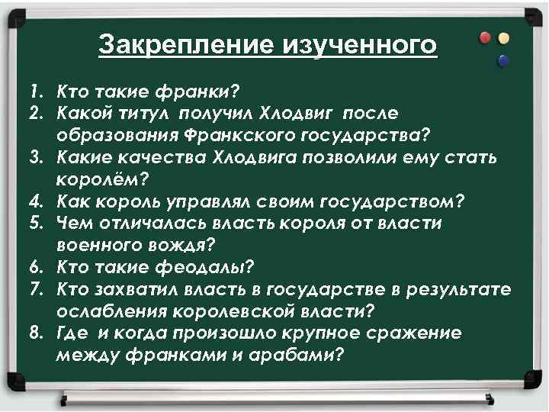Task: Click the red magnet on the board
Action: tap(486, 38)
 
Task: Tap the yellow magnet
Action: tap(502, 38)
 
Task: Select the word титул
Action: tap(149, 114)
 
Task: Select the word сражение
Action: tap(417, 333)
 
